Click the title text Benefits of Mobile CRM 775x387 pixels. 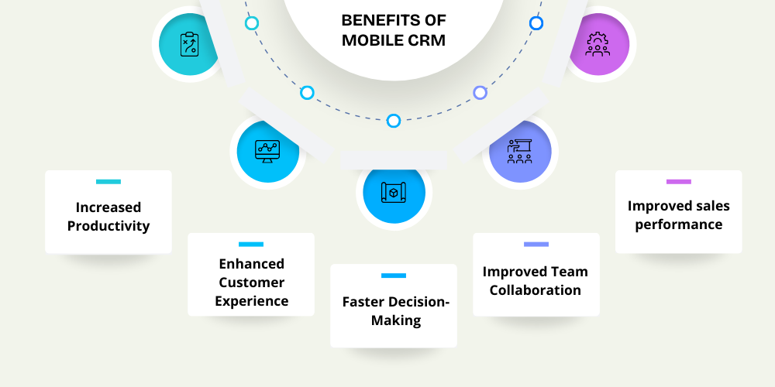[394, 30]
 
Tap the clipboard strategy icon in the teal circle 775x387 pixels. [189, 43]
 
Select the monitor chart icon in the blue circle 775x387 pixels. [267, 149]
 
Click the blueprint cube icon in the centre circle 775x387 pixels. [394, 192]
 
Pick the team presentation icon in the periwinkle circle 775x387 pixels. [520, 151]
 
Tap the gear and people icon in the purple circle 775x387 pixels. [598, 43]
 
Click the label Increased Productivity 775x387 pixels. [108, 217]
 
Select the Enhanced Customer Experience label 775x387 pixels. [251, 283]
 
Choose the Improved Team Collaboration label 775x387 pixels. [536, 281]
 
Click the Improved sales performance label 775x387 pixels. [679, 215]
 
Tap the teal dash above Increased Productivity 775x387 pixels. [108, 182]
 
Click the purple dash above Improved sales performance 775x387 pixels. [679, 182]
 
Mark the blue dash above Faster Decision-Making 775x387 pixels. [394, 276]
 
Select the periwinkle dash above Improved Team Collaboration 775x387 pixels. [536, 245]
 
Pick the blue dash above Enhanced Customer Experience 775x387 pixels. [251, 245]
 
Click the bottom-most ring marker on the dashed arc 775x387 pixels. [394, 121]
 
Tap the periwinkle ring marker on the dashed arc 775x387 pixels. [480, 93]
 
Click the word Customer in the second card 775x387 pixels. [251, 283]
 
